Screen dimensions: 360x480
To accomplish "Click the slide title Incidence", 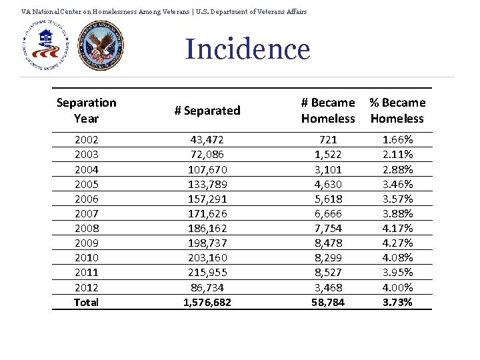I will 247,49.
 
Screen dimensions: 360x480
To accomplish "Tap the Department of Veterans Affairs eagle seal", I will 101,46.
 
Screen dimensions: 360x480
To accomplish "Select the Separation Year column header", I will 86,111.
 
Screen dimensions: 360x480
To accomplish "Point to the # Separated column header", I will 207,111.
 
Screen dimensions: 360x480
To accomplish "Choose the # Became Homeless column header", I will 328,111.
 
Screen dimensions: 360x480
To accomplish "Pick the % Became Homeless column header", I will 397,111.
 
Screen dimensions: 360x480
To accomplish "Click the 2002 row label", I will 86,140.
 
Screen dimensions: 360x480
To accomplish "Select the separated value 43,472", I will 207,140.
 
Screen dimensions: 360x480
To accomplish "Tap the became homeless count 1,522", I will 328,155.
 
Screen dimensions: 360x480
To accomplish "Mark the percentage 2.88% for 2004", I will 397,169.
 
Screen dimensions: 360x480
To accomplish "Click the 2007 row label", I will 86,213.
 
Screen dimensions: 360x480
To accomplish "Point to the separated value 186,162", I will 207,228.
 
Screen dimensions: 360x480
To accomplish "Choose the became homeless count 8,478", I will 328,243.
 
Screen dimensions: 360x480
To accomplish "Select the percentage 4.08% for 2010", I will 397,257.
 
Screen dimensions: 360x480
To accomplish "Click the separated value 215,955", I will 207,272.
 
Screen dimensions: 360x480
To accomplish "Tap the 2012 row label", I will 86,287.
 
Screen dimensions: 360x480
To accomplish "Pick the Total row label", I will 86,302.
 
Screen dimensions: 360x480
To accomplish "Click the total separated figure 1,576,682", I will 207,302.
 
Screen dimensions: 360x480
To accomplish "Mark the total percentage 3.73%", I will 397,302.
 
